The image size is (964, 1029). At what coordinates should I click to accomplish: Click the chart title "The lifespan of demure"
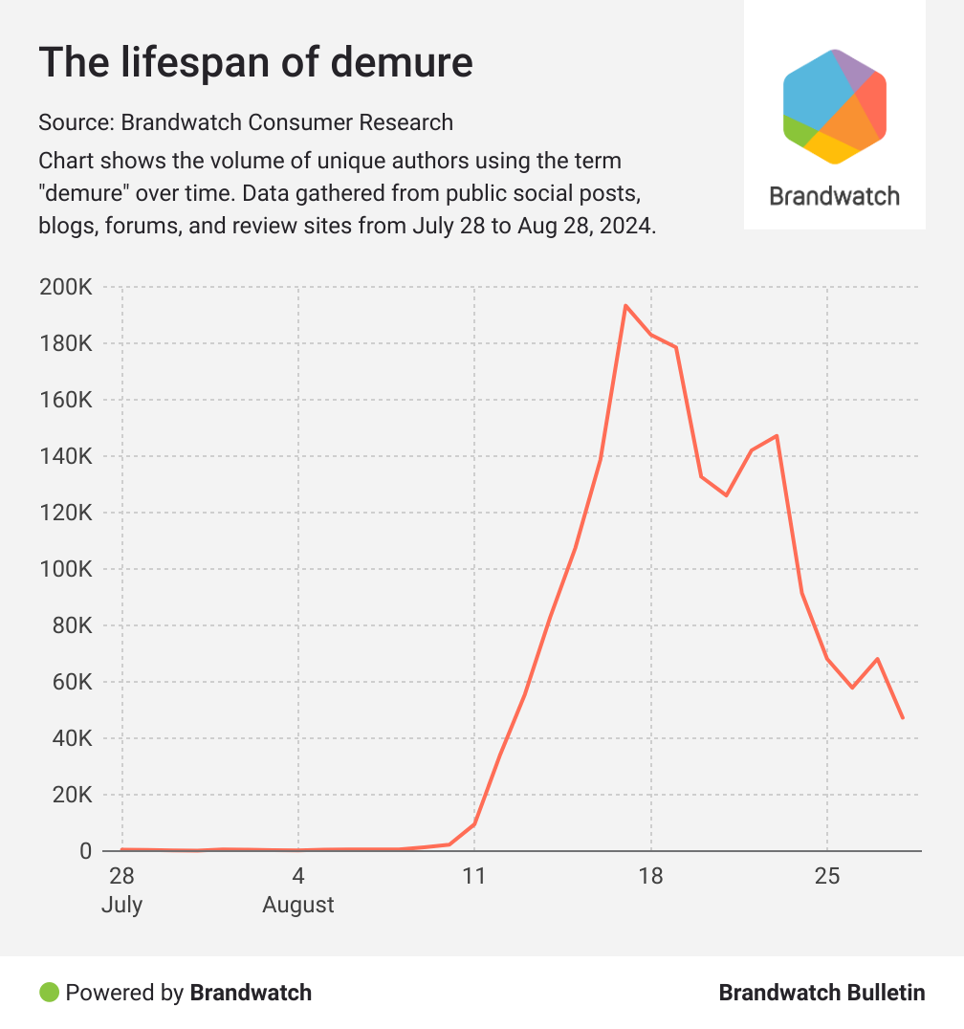[255, 63]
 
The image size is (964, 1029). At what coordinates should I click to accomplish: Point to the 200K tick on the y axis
[65, 287]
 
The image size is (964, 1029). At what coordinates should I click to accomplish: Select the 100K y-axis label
[65, 569]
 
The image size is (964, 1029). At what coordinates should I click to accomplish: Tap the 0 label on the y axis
[85, 851]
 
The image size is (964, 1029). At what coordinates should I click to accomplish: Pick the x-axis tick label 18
[650, 876]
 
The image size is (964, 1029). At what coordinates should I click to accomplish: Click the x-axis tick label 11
[474, 876]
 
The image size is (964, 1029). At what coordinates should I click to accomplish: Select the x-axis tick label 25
[827, 876]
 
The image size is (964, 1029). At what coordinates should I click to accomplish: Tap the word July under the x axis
[121, 905]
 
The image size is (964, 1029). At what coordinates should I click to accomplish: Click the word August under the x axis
[298, 905]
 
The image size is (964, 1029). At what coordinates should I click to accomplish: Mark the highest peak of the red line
[625, 306]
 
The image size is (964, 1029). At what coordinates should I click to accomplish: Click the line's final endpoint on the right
[902, 717]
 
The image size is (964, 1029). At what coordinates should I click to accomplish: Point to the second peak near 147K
[777, 436]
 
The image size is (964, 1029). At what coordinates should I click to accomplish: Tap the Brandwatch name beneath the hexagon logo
[834, 197]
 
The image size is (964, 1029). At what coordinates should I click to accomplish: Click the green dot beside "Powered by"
[49, 993]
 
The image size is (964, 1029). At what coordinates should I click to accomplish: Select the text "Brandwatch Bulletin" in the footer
[822, 993]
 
